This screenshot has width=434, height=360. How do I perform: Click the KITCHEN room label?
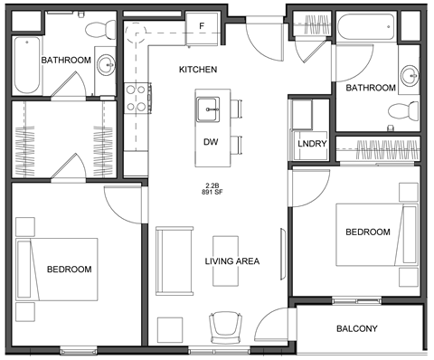pos(197,70)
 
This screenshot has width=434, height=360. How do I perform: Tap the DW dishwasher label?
pos(211,142)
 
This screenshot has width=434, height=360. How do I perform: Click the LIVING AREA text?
pos(232,261)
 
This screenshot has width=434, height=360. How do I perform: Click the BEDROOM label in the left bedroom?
pos(70,270)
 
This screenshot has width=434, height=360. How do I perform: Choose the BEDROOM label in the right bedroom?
pos(369,232)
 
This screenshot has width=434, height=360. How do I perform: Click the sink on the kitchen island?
pos(211,109)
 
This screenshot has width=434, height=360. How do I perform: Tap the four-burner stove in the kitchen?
pos(136,98)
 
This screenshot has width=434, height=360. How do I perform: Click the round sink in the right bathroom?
pos(410,73)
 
